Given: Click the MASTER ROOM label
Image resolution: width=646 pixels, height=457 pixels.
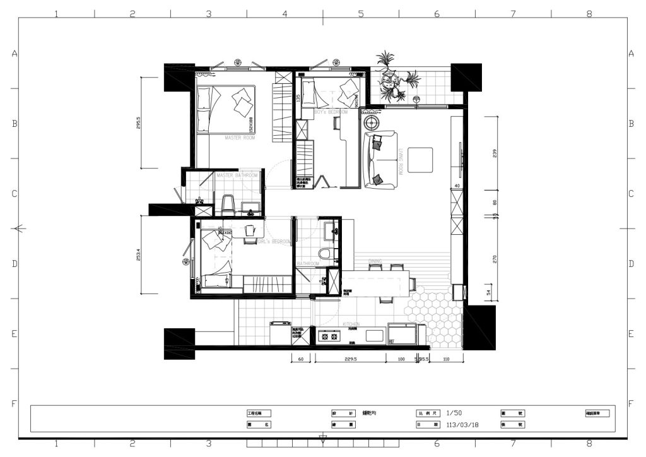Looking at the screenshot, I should [240, 137].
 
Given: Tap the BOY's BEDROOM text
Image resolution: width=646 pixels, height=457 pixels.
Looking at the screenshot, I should [331, 112].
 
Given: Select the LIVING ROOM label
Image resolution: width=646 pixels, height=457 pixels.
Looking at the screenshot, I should [401, 160].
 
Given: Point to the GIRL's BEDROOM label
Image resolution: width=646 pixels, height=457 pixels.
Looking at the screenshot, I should [274, 241].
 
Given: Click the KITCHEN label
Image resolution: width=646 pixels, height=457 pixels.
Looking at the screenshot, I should [351, 323].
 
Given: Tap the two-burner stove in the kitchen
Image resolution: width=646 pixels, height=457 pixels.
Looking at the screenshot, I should [328, 336].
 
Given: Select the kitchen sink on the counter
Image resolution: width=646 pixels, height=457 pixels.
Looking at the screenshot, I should [375, 336].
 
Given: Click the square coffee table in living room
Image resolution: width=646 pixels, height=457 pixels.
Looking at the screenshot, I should [420, 160].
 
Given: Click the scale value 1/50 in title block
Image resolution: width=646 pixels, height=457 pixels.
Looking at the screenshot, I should [454, 413].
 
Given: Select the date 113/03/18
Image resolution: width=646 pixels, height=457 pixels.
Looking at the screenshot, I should [462, 425].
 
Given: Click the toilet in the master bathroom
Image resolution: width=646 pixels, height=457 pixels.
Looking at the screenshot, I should [228, 203].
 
